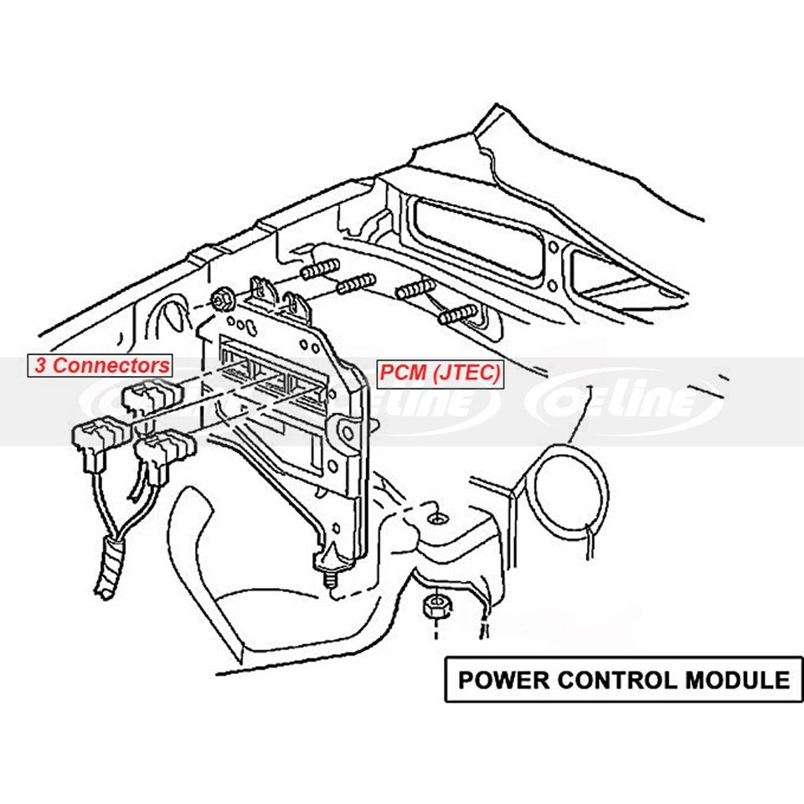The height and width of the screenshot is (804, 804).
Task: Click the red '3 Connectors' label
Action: pyautogui.click(x=100, y=365)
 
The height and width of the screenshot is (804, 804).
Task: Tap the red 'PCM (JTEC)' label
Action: pyautogui.click(x=441, y=373)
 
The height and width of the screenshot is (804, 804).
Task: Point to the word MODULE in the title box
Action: pyautogui.click(x=736, y=678)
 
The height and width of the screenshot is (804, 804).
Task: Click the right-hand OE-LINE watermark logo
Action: pyautogui.click(x=623, y=402)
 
